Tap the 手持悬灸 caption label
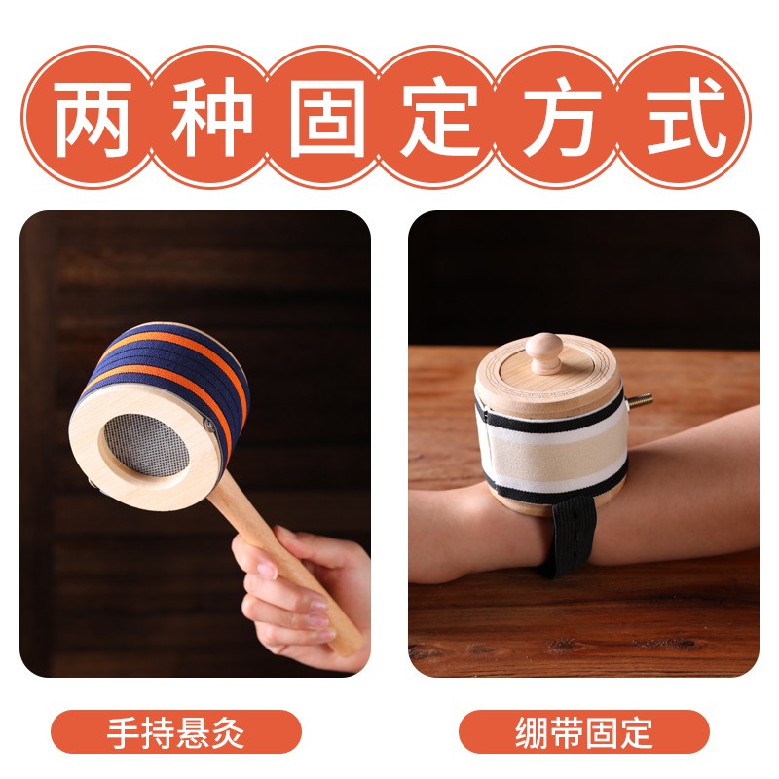[176, 731]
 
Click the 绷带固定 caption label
[584, 731]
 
